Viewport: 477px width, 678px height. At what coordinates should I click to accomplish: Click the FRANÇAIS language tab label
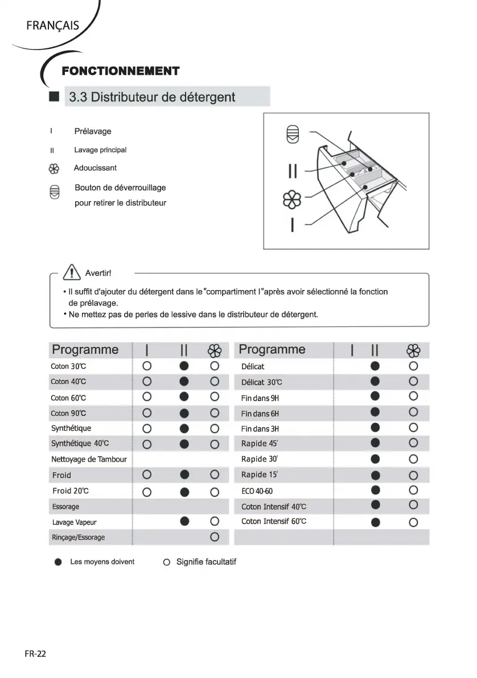coord(52,26)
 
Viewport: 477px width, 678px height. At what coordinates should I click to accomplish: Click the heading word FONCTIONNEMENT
coord(120,71)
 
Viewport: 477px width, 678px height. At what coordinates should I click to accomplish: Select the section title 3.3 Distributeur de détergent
coord(152,97)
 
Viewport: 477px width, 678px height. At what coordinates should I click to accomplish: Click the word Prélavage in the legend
coord(93,132)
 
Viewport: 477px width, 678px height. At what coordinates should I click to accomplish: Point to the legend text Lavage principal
coord(100,150)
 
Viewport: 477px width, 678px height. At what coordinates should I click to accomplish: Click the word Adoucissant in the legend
coord(95,168)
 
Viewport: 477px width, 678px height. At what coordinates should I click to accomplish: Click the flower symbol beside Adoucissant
coord(53,169)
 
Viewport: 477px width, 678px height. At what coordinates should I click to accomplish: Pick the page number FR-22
coord(35,654)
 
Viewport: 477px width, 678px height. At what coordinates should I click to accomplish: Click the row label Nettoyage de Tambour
coord(89,459)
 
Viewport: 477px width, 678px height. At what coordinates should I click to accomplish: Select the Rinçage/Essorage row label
coord(78,537)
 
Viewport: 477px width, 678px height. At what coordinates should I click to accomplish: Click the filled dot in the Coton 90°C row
coord(184,413)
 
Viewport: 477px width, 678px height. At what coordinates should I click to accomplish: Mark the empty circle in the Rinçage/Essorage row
coord(215,537)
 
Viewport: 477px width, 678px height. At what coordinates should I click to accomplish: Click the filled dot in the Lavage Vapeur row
coord(184,521)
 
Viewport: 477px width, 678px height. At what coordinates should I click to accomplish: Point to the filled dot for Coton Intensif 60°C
coord(375,522)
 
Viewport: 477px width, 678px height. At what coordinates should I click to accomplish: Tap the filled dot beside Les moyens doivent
coord(58,562)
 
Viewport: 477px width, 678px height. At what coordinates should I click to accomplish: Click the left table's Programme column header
coord(85,350)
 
